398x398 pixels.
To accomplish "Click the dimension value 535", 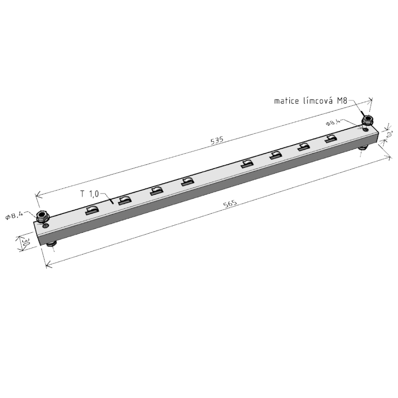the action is click(x=217, y=140).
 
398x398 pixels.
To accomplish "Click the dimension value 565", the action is click(x=230, y=204).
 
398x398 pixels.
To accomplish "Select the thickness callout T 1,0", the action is click(x=90, y=194).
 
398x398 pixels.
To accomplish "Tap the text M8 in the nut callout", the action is click(x=342, y=101).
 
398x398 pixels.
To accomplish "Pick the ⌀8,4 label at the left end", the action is click(x=14, y=215).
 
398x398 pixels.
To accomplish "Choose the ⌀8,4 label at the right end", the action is click(x=333, y=123).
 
